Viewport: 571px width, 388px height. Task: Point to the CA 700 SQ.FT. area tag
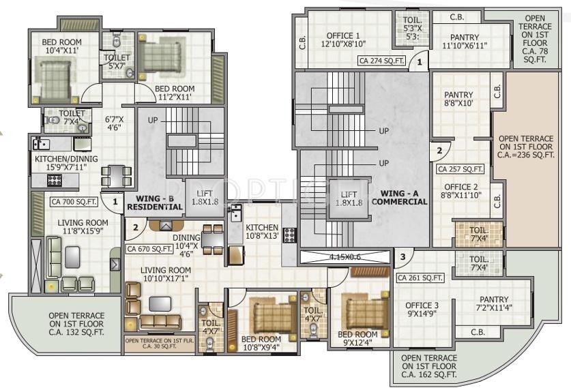[74, 201]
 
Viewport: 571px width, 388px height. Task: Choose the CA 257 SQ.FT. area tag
[460, 168]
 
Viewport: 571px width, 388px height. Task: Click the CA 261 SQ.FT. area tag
[420, 278]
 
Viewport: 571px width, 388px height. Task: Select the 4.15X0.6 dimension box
[345, 258]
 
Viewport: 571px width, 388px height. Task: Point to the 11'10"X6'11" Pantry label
[460, 42]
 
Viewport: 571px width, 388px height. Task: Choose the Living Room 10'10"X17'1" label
[166, 275]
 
